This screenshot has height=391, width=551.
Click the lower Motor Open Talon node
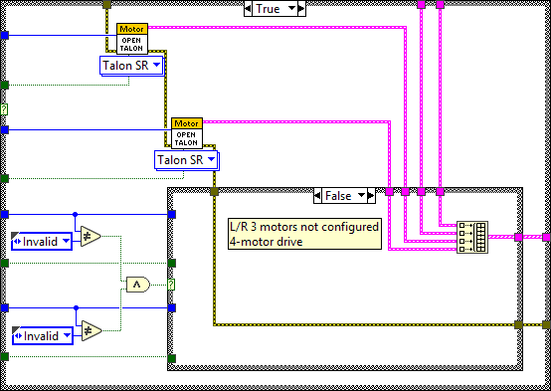(x=186, y=133)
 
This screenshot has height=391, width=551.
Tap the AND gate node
(x=134, y=286)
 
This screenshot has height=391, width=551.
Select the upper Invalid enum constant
(x=41, y=241)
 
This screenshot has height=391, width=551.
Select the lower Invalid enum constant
(x=41, y=335)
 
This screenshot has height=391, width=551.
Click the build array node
(x=470, y=238)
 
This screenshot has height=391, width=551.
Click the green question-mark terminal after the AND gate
(x=171, y=286)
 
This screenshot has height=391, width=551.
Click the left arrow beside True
(x=250, y=9)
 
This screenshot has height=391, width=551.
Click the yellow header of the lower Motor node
(x=186, y=122)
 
